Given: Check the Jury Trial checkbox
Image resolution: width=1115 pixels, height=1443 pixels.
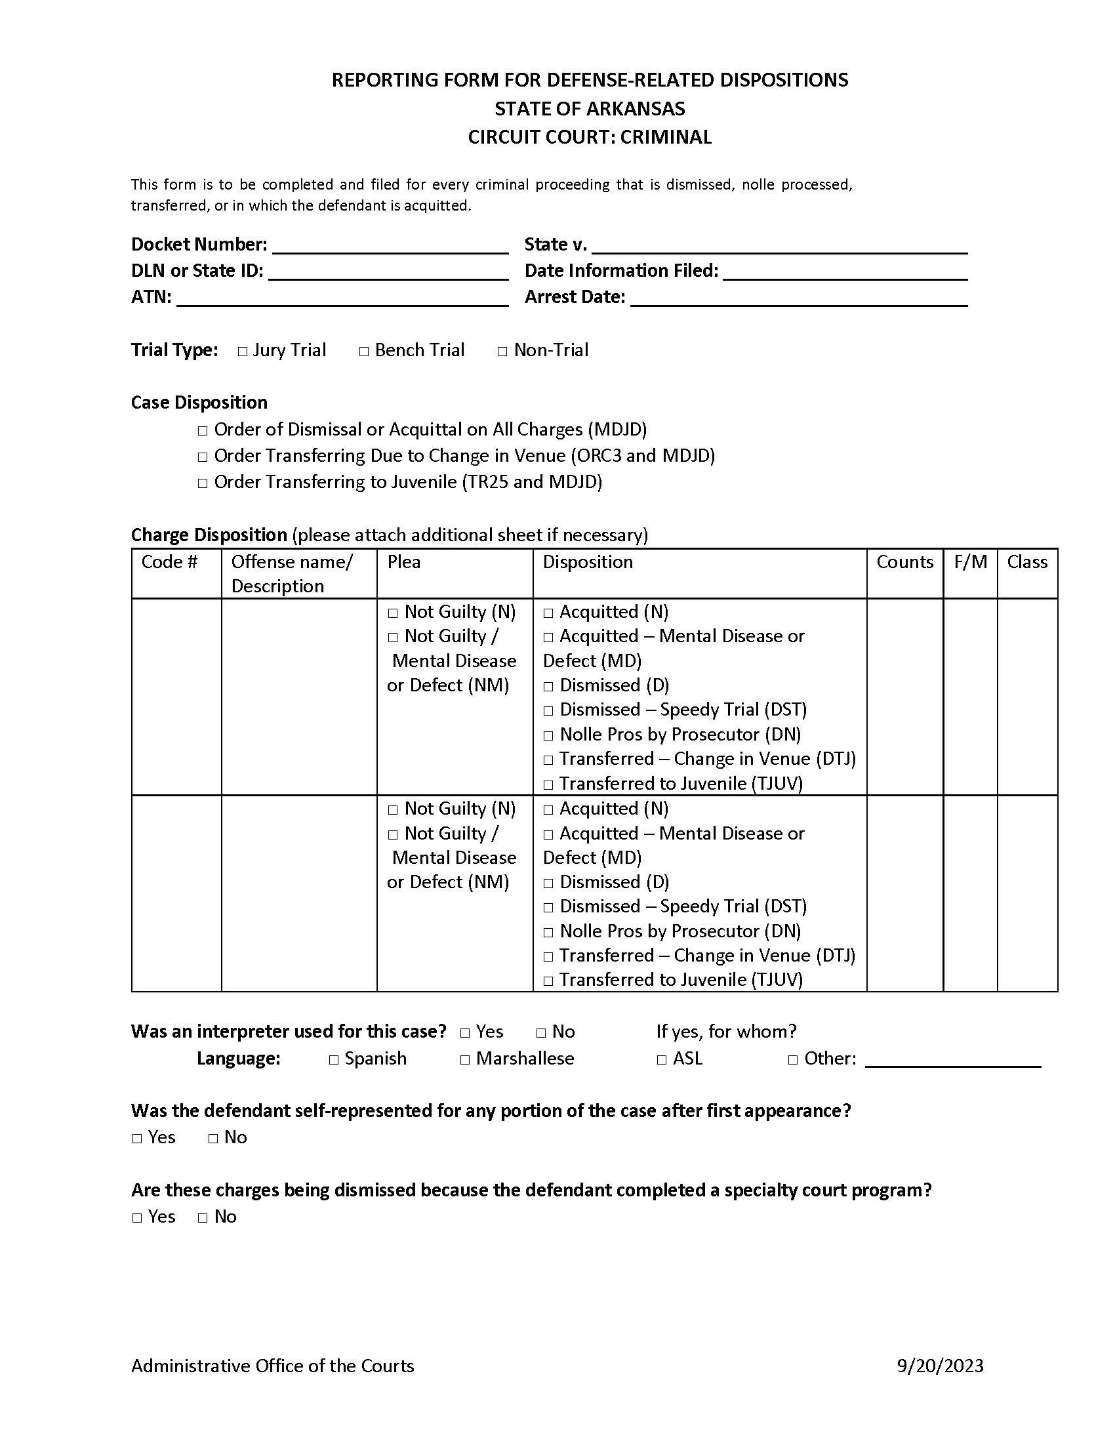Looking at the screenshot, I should pos(243,352).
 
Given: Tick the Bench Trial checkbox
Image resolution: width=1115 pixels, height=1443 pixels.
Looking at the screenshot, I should pos(364,352).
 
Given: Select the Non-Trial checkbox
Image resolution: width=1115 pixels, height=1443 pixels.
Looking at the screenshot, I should pos(502,352).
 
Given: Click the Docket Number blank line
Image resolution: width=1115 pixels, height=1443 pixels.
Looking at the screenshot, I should pos(390,246).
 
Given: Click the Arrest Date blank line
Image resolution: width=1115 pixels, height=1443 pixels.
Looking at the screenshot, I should pos(799,298).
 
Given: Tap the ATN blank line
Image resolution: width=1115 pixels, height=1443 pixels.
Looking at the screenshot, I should pos(342,298).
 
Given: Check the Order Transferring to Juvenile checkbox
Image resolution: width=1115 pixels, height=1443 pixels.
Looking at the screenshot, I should pos(203,483).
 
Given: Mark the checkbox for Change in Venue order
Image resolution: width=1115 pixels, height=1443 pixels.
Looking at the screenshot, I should pos(203,457).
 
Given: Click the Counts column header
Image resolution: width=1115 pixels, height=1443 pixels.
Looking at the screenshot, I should pos(904,561).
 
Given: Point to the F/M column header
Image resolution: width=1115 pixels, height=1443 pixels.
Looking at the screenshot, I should pos(969,561).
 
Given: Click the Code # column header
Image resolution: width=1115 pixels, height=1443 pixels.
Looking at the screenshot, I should pos(169,561).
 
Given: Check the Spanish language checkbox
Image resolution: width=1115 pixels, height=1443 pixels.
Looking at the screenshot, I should pos(334,1061).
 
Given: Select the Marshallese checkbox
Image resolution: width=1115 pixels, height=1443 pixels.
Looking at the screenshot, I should pos(465,1061).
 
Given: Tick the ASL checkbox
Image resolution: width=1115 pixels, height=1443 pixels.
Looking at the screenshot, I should pos(662,1061).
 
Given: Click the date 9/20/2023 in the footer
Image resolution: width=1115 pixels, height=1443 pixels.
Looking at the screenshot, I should pos(940,1366).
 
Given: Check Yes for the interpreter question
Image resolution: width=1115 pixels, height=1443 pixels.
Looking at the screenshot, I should pos(465,1033).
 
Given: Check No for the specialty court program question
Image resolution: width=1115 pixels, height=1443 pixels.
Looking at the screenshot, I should pos(203,1218).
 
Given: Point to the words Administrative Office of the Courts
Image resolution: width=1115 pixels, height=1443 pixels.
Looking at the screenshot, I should pos(272,1366).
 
